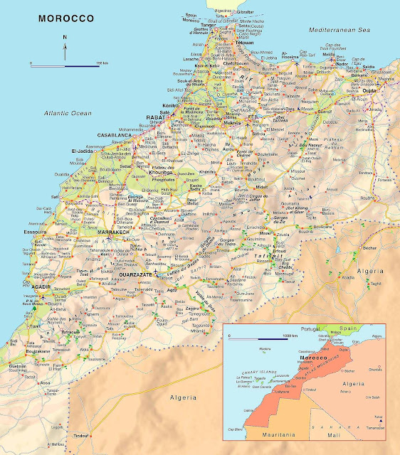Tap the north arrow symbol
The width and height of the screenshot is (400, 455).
click(65, 48)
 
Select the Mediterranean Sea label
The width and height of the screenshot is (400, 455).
click(340, 31)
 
